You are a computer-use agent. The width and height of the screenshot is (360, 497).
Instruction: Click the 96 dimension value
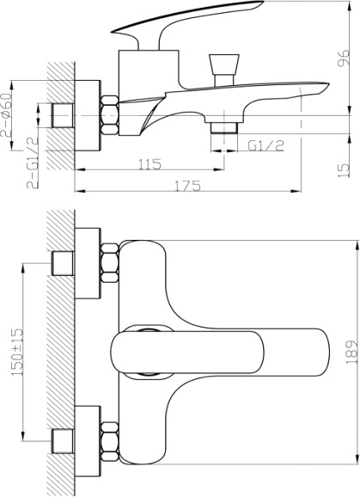[x=345, y=58]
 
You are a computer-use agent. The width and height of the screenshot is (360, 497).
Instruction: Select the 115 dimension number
[x=150, y=164]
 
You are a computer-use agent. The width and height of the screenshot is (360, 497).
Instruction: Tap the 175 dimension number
[x=188, y=186]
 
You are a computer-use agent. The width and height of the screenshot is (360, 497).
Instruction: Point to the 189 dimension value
[x=351, y=353]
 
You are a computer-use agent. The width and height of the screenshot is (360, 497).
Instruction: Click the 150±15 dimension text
[x=17, y=352]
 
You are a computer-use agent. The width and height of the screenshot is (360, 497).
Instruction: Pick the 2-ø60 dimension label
[x=6, y=114]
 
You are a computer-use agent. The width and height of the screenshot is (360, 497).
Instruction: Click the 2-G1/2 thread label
[x=33, y=163]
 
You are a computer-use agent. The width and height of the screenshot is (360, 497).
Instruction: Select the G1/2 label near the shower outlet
[x=266, y=145]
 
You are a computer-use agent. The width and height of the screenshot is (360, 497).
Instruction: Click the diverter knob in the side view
[x=224, y=70]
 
